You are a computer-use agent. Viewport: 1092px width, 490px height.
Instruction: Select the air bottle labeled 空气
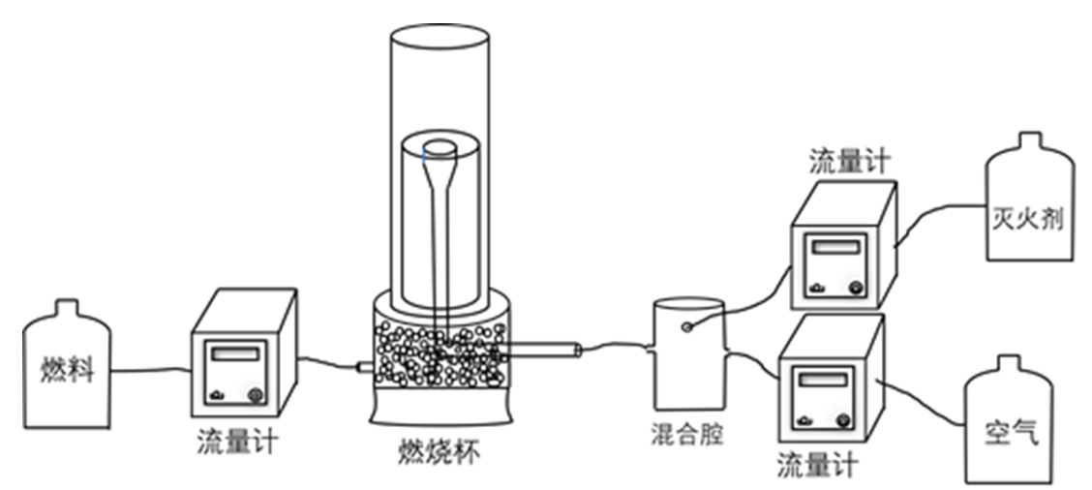click(1011, 426)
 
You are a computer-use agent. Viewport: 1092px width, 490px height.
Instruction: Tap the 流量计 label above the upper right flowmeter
click(849, 162)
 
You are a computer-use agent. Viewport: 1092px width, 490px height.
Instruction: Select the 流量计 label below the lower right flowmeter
click(818, 466)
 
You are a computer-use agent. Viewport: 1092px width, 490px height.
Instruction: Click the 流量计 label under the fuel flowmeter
click(237, 443)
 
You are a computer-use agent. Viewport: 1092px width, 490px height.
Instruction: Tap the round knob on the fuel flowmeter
click(256, 395)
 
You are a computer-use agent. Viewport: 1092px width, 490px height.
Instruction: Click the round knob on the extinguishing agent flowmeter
click(855, 287)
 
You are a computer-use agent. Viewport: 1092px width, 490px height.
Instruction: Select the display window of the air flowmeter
click(822, 380)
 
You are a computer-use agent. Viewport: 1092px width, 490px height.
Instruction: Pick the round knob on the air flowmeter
click(843, 419)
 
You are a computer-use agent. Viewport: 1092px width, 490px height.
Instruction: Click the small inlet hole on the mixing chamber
click(686, 326)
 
